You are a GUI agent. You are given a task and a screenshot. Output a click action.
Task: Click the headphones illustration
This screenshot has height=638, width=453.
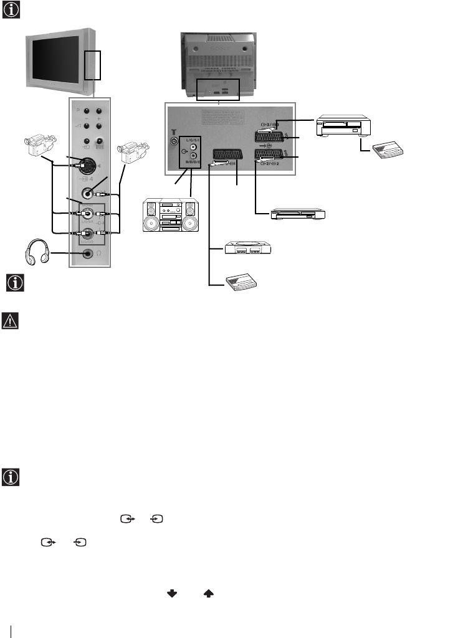[x=39, y=255]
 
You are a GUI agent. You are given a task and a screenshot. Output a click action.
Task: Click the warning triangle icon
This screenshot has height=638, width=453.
[x=11, y=320]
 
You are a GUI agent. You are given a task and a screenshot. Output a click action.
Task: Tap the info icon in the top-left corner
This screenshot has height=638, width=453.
[x=11, y=11]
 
